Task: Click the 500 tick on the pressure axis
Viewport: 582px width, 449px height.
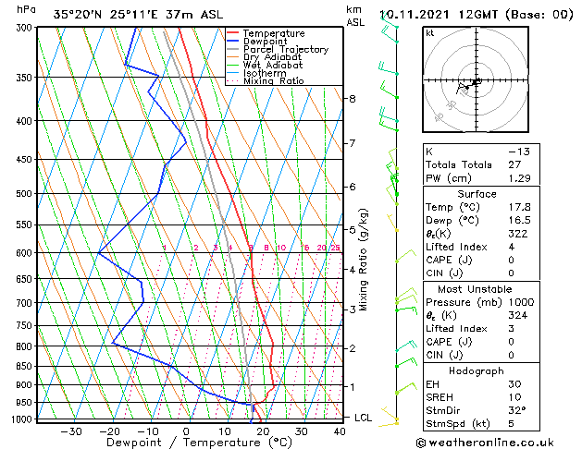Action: tap(24, 194)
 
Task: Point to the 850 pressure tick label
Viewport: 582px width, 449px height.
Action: tap(24, 367)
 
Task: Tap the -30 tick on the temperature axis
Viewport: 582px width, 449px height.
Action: tap(70, 431)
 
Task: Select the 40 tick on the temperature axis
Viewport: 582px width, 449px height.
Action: tap(341, 431)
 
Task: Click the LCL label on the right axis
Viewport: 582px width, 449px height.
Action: tap(364, 418)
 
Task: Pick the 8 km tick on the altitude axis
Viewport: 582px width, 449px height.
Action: tap(353, 98)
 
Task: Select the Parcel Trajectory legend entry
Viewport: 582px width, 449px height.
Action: tap(285, 50)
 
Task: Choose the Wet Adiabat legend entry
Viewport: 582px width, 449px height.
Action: tap(272, 66)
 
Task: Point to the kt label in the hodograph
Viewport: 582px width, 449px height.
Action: tap(430, 33)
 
